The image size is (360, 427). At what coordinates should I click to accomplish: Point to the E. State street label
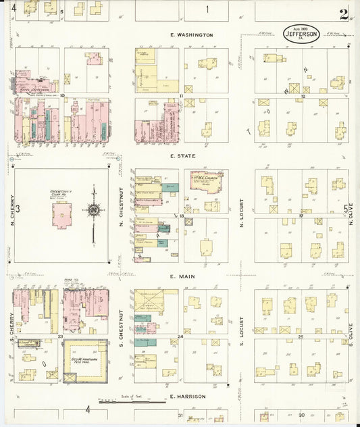click(182, 155)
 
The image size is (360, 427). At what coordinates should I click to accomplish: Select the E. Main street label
click(182, 276)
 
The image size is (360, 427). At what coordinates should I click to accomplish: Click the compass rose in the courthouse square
click(95, 210)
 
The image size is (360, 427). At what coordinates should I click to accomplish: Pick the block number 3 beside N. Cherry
click(18, 208)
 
